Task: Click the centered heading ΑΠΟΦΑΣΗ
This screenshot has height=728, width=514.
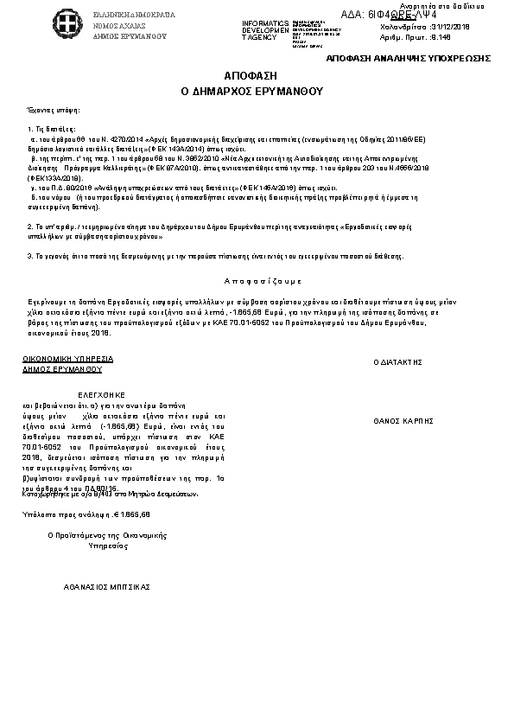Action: [256, 76]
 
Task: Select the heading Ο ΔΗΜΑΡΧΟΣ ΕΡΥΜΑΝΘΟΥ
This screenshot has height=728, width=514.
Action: [256, 89]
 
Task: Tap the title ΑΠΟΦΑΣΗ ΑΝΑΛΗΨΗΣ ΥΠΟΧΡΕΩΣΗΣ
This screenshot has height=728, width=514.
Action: [408, 57]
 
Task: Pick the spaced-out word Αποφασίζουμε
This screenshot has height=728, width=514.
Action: [263, 282]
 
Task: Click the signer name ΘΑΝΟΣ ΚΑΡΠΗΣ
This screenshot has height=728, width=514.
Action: [403, 421]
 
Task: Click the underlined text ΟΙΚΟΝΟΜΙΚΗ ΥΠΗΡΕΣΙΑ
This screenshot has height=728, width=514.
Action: [67, 358]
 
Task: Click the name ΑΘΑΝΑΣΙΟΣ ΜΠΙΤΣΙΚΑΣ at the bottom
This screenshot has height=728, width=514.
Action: [107, 586]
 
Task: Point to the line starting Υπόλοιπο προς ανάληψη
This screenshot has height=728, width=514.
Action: [86, 514]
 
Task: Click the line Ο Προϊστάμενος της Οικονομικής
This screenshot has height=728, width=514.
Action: [106, 536]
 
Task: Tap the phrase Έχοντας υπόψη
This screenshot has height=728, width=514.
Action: [54, 112]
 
